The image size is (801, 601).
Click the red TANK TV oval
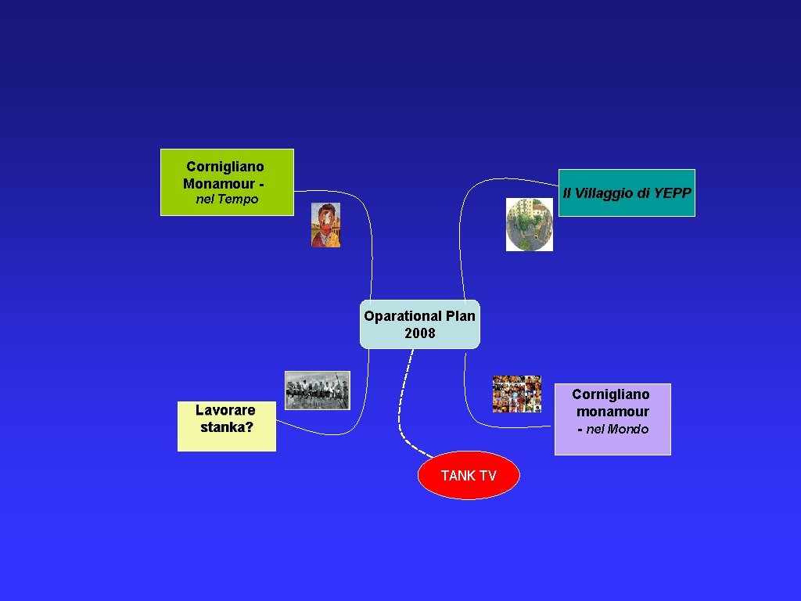tap(469, 475)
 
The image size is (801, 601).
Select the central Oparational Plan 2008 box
tap(419, 324)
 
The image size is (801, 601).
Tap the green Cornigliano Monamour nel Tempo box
tap(227, 182)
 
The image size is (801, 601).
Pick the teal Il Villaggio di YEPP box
tap(626, 193)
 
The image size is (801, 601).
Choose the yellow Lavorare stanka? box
tap(226, 426)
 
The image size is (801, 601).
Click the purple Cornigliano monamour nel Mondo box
tap(612, 419)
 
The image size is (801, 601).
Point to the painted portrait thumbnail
tap(325, 225)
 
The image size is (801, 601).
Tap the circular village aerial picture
tap(530, 225)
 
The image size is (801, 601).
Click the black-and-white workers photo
tap(317, 390)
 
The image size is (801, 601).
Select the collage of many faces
tap(517, 394)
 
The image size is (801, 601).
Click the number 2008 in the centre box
tap(420, 333)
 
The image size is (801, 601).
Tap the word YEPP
tap(673, 193)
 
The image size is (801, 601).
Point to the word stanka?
tap(227, 427)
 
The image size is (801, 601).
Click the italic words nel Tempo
tap(227, 200)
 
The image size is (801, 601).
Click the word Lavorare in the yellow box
tap(225, 410)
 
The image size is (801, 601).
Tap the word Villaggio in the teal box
tap(603, 193)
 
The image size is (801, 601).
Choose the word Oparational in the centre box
tap(403, 316)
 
